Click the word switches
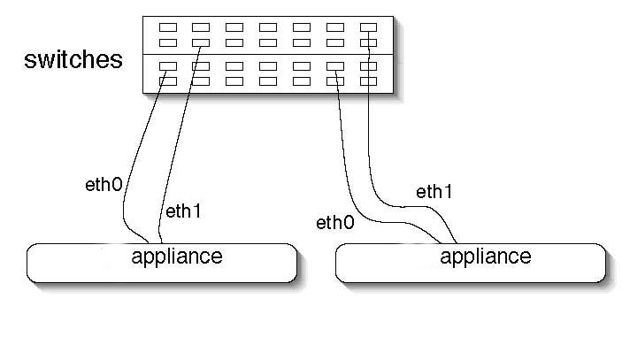click(73, 60)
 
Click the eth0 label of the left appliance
click(103, 186)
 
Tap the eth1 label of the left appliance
click(184, 211)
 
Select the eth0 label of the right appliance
click(335, 222)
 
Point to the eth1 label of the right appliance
click(434, 191)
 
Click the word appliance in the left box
click(177, 257)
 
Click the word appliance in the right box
click(485, 257)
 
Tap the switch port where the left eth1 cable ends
click(201, 42)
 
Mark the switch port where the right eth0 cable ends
click(335, 81)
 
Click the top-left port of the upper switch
click(167, 27)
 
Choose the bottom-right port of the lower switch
click(369, 81)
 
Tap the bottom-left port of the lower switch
click(167, 81)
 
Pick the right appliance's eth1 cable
click(370, 159)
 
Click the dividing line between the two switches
click(265, 54)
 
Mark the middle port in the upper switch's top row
click(268, 27)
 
